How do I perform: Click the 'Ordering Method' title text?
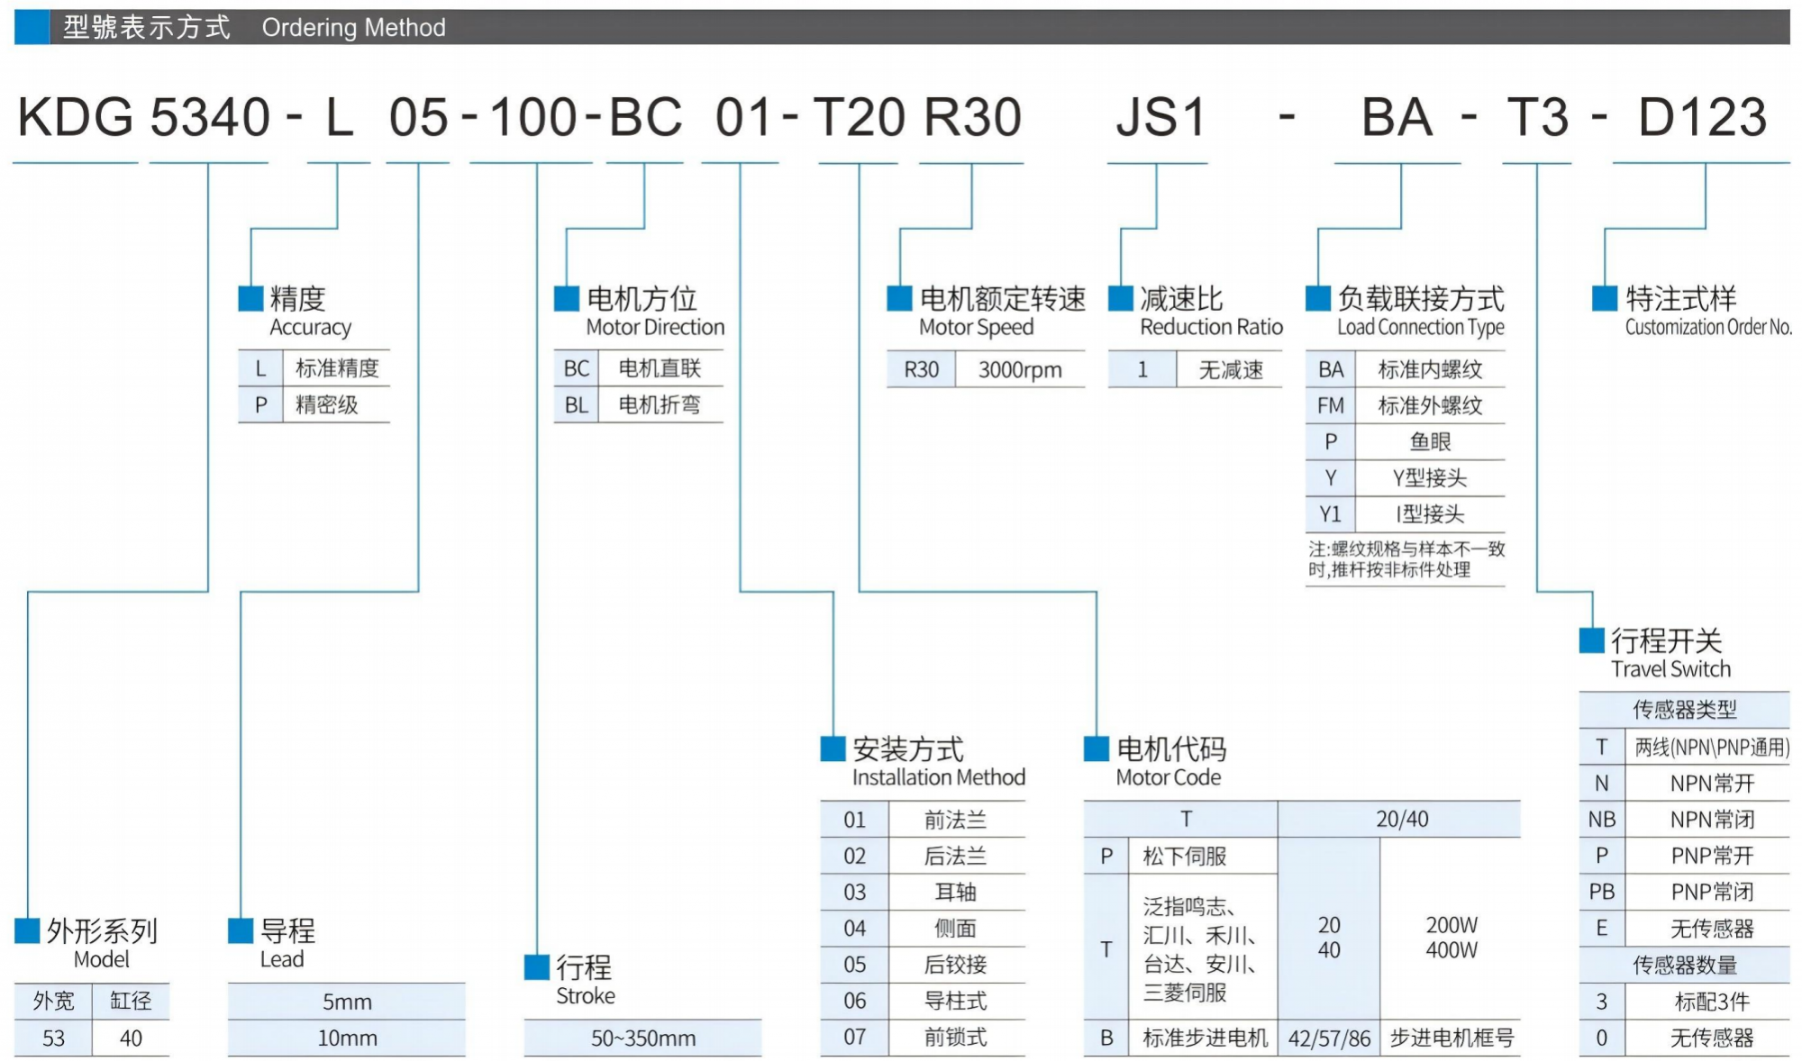point(353,28)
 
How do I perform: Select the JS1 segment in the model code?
point(1160,118)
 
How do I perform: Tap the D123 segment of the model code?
point(1702,118)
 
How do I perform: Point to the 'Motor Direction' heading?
point(655,327)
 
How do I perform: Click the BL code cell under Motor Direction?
point(576,405)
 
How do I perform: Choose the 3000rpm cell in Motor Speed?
point(1020,370)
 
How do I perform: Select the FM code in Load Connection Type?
point(1330,406)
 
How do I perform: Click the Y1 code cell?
point(1330,514)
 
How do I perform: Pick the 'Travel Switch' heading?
point(1670,669)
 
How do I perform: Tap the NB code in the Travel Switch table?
point(1601,820)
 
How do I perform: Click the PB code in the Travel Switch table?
point(1601,892)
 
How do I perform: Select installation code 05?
point(854,965)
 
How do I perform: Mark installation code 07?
point(854,1038)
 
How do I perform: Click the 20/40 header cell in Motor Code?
point(1401,819)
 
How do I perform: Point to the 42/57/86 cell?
point(1329,1038)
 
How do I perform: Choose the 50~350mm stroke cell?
point(642,1038)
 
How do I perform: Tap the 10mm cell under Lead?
point(347,1038)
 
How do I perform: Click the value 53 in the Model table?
point(53,1038)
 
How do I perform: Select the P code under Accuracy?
point(260,405)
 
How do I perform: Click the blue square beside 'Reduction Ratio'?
point(1120,298)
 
